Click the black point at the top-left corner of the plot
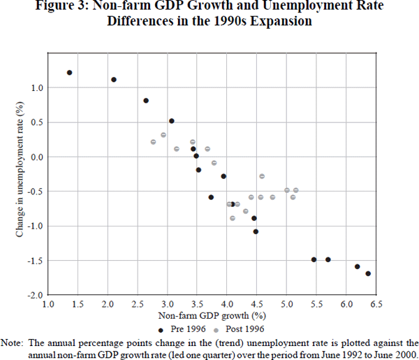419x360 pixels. click(x=69, y=73)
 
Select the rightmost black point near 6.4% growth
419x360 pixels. click(x=368, y=273)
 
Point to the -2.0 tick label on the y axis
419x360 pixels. click(x=34, y=295)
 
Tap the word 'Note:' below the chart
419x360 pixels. click(x=13, y=343)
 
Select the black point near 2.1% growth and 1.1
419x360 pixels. click(x=114, y=80)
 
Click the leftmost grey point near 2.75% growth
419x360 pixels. click(x=153, y=142)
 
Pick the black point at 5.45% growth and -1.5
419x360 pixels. click(x=314, y=259)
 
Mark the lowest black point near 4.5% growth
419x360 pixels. click(x=256, y=231)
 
